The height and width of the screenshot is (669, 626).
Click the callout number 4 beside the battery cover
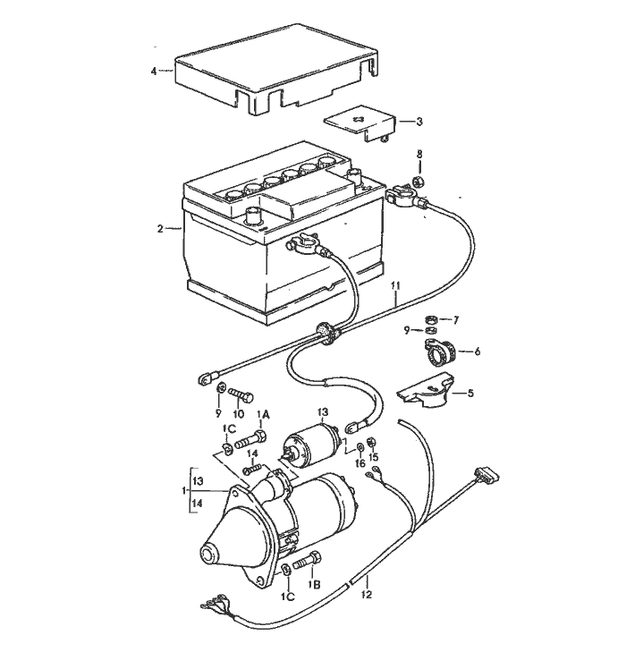click(155, 70)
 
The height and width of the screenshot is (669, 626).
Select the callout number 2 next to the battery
click(160, 229)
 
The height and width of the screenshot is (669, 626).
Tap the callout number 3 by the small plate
click(419, 121)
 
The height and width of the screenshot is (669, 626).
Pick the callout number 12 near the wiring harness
click(366, 592)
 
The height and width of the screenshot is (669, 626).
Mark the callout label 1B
click(314, 583)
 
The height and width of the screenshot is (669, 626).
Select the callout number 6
click(477, 351)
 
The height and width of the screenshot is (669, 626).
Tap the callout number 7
click(455, 319)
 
